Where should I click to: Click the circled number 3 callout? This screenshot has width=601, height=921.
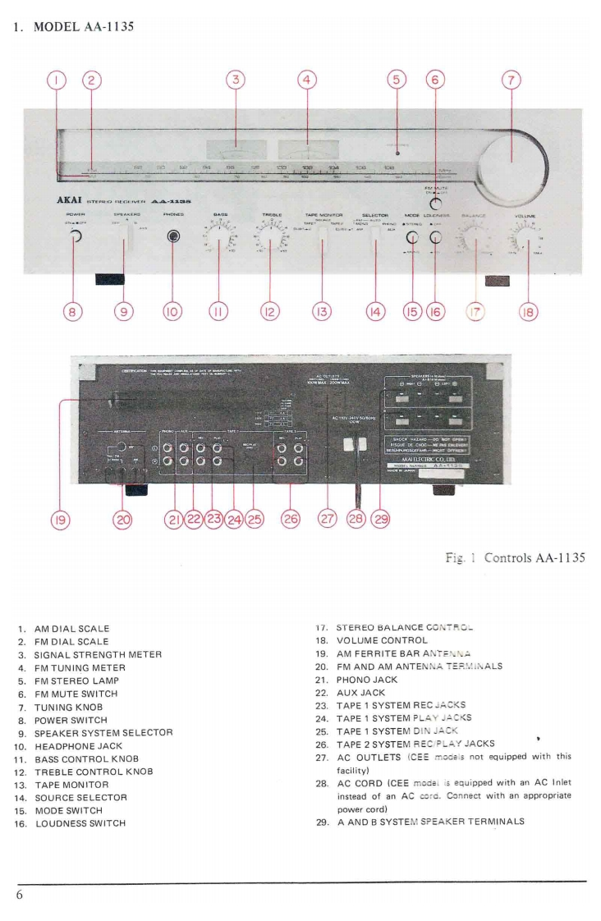[236, 80]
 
